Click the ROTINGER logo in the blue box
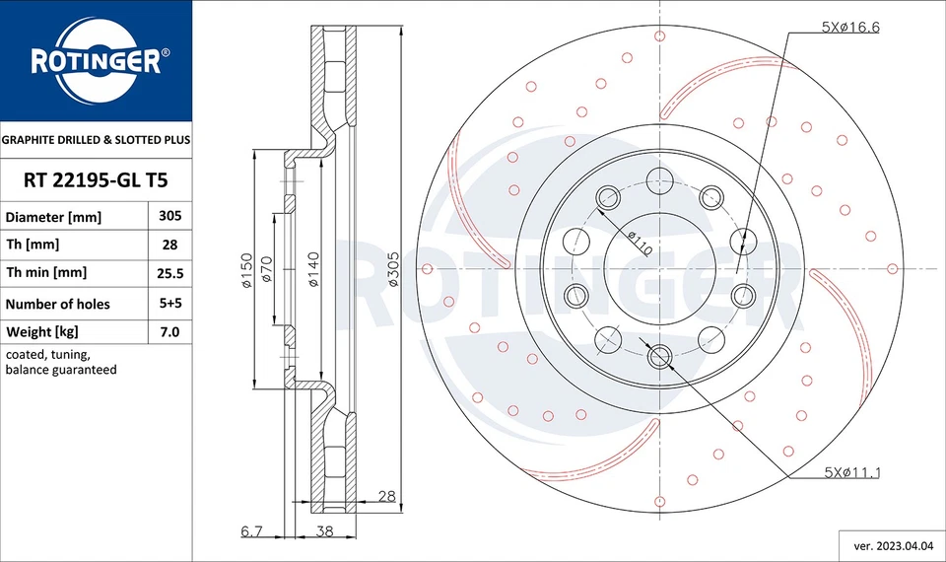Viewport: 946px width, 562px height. point(96,61)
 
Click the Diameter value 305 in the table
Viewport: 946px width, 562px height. point(169,215)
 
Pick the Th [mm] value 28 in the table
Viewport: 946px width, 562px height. point(169,244)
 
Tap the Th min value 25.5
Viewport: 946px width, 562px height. point(169,273)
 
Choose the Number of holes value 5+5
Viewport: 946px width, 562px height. point(169,304)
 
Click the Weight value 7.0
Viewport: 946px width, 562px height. point(169,332)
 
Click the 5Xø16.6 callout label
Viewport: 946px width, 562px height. point(850,28)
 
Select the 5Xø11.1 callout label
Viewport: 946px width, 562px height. point(851,473)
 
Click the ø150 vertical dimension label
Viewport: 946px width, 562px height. point(247,269)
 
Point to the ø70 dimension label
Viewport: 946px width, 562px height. point(266,269)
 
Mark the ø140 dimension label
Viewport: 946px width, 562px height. point(313,269)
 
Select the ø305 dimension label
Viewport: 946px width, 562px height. point(392,268)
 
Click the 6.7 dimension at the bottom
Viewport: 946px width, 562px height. point(251,530)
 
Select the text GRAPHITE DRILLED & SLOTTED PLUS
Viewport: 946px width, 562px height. point(96,140)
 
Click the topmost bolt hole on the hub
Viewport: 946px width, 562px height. point(659,178)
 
